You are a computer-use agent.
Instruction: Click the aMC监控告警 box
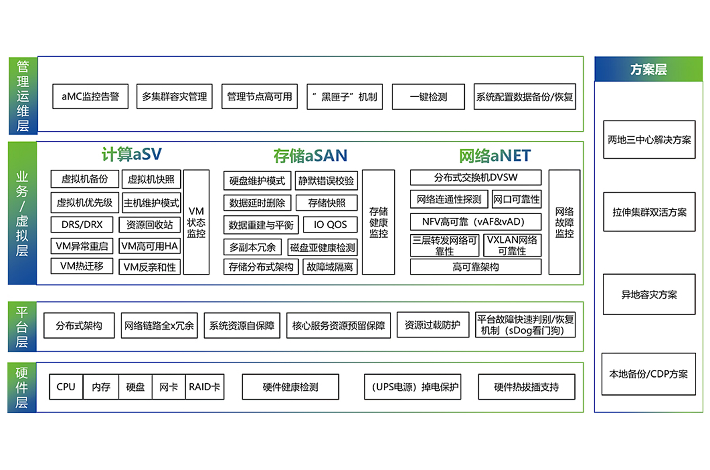coord(90,96)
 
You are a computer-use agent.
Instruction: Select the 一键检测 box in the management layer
coord(428,97)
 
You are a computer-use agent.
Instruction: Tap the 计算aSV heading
coord(131,154)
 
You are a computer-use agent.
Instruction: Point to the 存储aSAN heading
coord(310,155)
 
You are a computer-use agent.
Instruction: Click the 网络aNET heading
coord(495,155)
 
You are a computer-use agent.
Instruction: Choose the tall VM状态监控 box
coord(196,222)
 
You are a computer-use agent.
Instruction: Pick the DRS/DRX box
coord(82,225)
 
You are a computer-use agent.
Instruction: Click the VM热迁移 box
coord(82,266)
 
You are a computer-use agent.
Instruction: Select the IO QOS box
coord(330,225)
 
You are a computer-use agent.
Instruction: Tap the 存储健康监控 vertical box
coord(378,222)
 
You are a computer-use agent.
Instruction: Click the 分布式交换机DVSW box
coord(476,178)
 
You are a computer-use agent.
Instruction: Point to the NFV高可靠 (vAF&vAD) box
coord(476,222)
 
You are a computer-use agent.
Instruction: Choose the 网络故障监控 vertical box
coord(564,222)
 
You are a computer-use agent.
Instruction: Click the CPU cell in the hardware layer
coord(66,387)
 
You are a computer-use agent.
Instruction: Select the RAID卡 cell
coord(205,387)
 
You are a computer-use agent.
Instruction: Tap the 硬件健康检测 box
coord(291,387)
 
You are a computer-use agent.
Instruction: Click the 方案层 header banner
coord(648,69)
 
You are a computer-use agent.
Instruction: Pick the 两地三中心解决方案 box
coord(649,140)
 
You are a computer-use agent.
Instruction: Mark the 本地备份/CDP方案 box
coord(648,374)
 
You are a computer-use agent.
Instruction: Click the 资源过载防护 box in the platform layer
coord(433,325)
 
